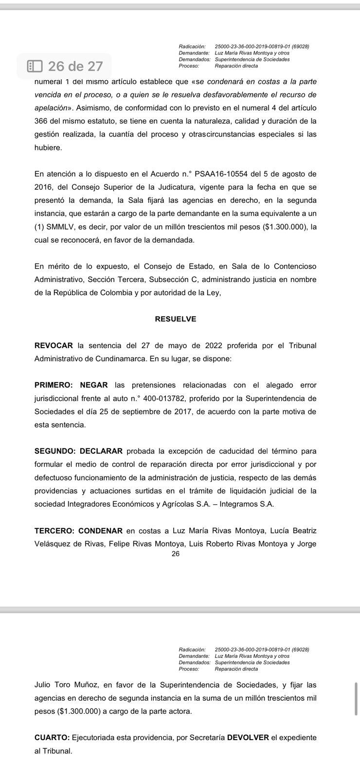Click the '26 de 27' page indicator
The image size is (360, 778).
75,66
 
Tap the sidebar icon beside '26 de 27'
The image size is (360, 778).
35,66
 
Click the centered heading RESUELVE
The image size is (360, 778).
176,319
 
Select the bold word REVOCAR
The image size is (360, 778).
54,346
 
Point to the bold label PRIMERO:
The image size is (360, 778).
54,385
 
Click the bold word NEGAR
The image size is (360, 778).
92,385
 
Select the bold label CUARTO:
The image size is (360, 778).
52,738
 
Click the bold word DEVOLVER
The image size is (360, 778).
248,738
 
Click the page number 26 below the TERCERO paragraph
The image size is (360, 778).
176,553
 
